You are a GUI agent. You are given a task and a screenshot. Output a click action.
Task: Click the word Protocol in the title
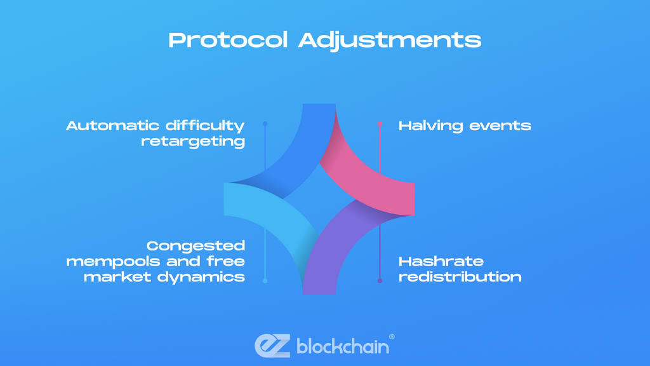228,40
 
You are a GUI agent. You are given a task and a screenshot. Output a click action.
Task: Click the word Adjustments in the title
390,41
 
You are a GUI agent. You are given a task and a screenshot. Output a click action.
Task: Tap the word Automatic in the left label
112,125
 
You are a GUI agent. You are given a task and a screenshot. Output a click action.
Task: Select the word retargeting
193,142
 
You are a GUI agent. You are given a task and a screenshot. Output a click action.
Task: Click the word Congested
196,246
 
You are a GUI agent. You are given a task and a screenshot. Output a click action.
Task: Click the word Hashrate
441,261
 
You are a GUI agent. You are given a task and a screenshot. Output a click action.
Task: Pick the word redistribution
460,277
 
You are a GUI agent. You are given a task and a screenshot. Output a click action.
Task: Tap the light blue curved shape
269,212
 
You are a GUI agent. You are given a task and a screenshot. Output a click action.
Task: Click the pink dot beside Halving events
380,124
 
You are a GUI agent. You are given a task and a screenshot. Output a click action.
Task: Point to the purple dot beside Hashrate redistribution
380,281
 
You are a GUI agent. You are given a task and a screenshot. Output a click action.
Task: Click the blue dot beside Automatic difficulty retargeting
265,124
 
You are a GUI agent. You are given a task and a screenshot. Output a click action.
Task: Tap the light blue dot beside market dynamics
265,281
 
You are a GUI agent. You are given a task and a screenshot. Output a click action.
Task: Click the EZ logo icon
272,346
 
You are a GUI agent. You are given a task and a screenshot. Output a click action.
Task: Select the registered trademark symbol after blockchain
392,337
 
